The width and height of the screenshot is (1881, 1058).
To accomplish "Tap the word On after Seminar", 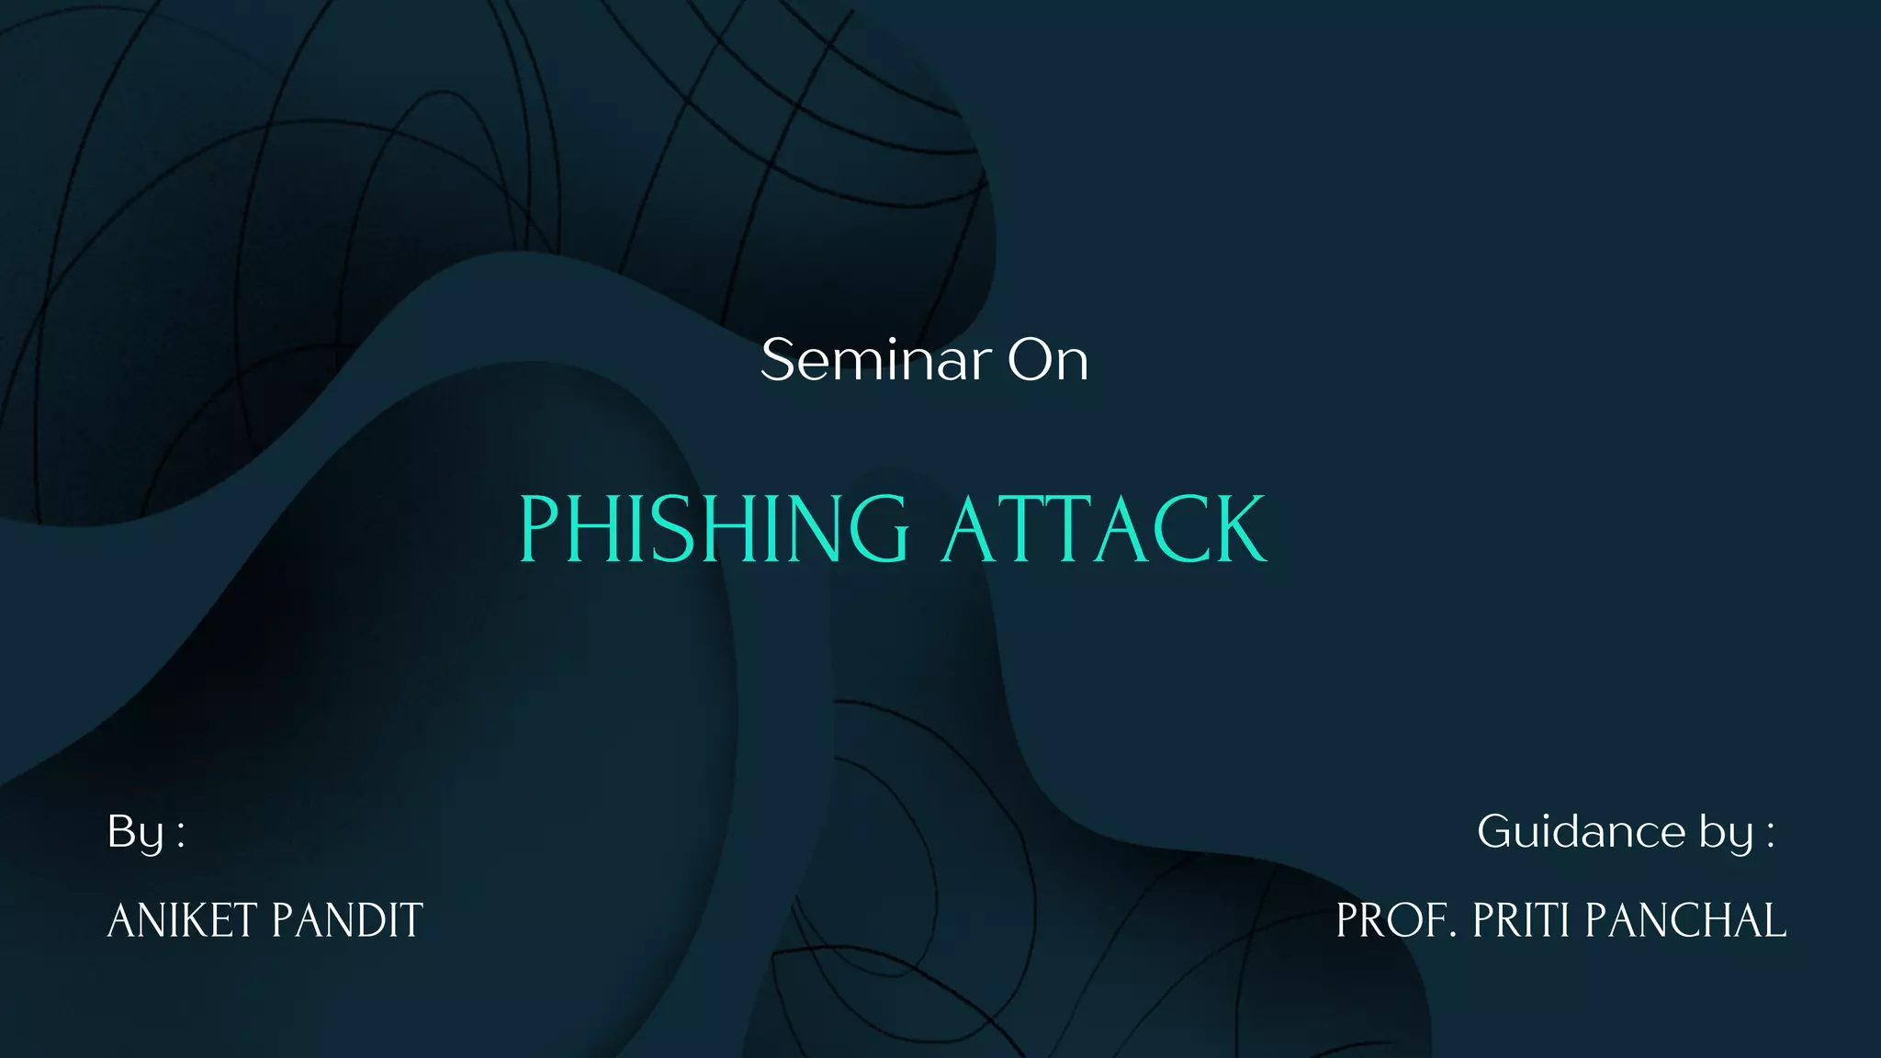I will (x=1048, y=359).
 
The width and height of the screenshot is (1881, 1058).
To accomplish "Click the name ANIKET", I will (x=182, y=920).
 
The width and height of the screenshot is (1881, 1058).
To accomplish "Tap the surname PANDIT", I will (x=347, y=920).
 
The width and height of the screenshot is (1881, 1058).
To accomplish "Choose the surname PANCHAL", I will (x=1686, y=920).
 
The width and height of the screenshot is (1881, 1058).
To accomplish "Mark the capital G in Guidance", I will (x=1496, y=831).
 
